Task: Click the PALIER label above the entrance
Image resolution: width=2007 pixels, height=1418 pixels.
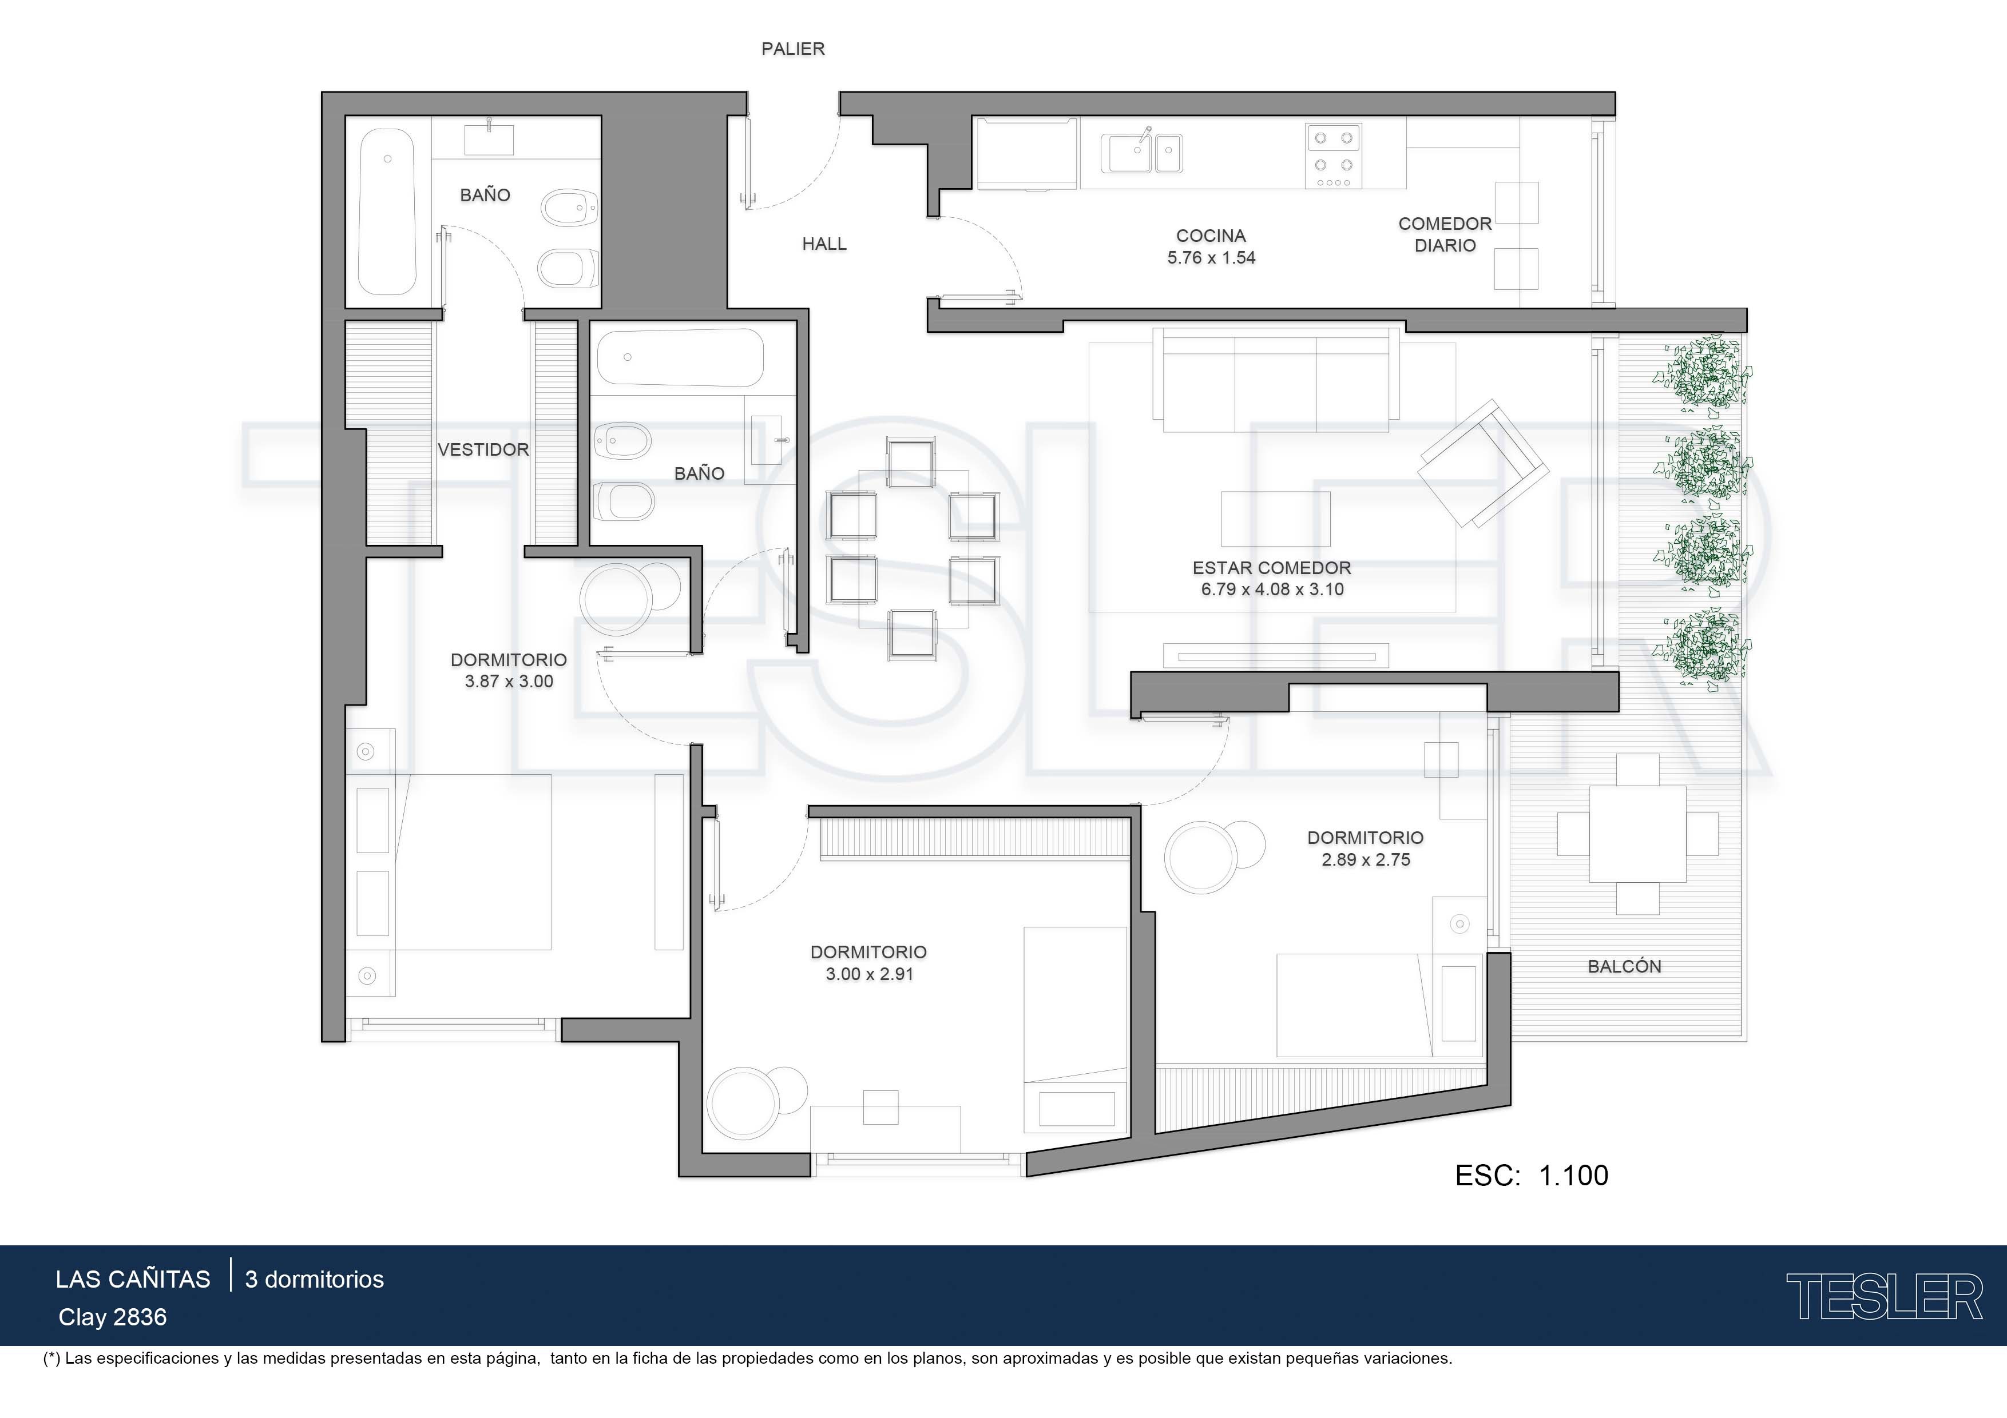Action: click(793, 49)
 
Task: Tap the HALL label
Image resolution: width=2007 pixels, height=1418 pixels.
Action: click(824, 244)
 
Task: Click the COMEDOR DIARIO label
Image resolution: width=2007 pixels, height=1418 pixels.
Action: click(1445, 234)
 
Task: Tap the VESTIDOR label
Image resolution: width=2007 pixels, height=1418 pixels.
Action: click(483, 450)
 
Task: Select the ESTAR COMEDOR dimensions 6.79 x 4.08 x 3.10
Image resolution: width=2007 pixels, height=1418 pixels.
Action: click(1272, 589)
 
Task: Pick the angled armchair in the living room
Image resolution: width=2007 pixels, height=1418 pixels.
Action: click(1484, 463)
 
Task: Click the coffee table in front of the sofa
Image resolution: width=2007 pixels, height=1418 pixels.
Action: click(1275, 517)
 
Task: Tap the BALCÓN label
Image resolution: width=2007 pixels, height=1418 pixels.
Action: click(1624, 966)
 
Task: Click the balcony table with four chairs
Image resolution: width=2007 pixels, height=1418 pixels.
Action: click(1637, 834)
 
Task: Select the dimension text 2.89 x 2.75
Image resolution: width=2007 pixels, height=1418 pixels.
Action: click(1366, 860)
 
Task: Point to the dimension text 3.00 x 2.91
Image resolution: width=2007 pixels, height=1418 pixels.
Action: click(869, 974)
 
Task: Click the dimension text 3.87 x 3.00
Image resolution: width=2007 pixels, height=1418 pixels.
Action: click(509, 682)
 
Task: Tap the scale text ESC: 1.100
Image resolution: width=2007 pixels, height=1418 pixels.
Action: click(1532, 1175)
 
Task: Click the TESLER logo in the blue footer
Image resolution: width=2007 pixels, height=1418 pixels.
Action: click(1884, 1297)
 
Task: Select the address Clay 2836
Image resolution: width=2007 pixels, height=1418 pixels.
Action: click(113, 1317)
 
